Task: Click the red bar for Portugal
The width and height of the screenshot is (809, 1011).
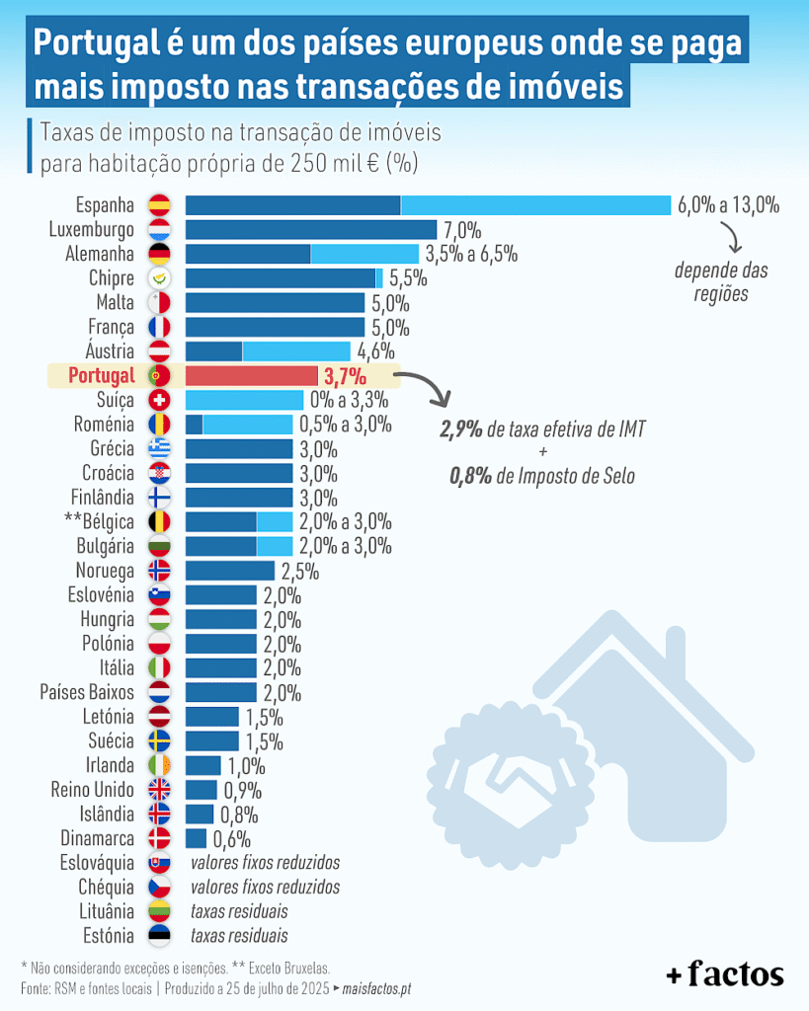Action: point(251,376)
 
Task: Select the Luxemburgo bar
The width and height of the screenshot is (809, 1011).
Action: point(310,230)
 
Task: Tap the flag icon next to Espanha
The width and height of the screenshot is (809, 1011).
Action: point(158,205)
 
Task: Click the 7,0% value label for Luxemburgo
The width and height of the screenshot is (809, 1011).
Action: point(461,231)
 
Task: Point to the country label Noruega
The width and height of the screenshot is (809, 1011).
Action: point(105,571)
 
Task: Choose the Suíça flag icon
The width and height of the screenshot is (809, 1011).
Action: point(158,400)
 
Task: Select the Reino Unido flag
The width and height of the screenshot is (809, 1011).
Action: point(158,789)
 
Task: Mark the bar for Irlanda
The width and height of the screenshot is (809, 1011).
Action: point(202,765)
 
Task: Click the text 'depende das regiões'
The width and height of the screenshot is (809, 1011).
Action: point(720,281)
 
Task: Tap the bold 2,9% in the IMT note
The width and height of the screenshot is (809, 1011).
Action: point(461,429)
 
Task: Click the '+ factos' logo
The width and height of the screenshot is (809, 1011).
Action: point(724,974)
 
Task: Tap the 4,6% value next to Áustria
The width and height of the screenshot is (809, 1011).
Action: point(376,351)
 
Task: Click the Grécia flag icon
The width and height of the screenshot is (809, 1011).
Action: point(158,449)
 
